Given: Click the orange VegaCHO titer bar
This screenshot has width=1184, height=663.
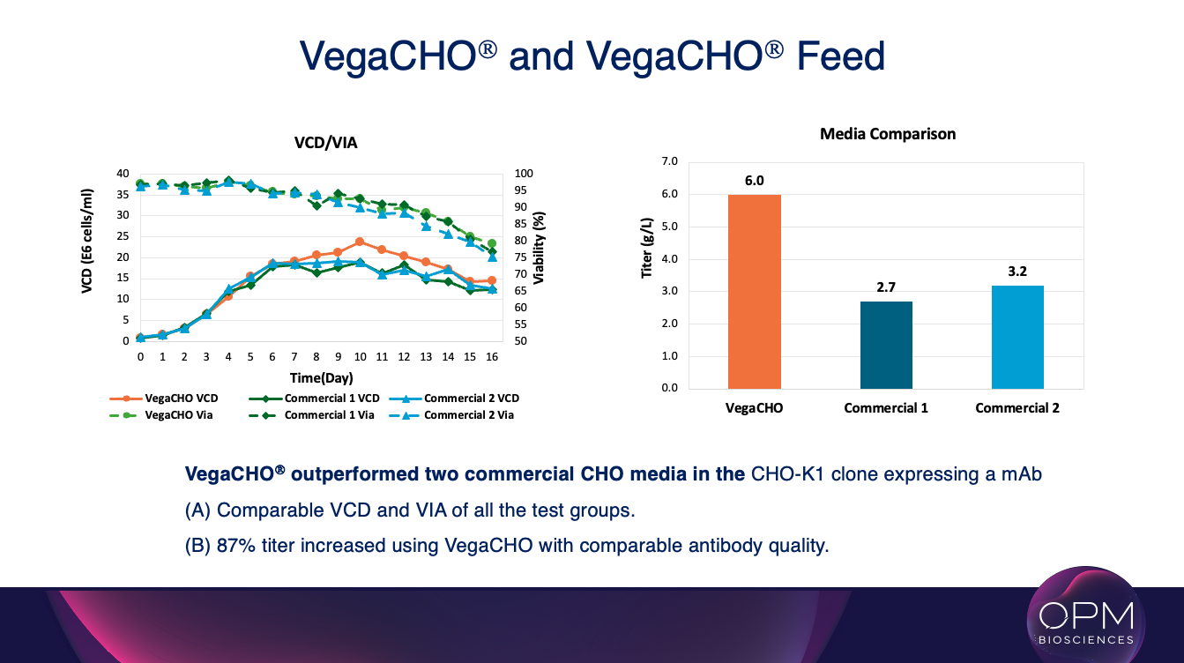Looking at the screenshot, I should (754, 291).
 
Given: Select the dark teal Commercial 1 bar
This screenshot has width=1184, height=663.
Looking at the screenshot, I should (886, 345).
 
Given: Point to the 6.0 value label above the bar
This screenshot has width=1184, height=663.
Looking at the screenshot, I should (754, 181).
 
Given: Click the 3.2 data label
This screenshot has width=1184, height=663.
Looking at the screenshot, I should (1017, 272).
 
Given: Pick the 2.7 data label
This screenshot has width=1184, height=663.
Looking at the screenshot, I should (886, 287).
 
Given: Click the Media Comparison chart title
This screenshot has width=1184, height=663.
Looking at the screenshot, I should (888, 134).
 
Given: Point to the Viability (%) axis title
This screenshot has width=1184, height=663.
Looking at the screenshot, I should (539, 247).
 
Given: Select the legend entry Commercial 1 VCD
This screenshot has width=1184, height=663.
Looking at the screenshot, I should (327, 399).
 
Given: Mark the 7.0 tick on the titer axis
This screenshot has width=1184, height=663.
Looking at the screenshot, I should (669, 161).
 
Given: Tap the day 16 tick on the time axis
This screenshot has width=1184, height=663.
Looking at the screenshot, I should (492, 357).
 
